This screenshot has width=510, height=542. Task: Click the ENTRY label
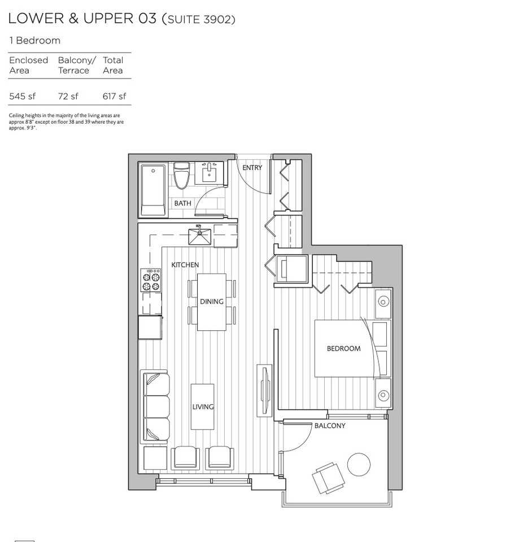click(252, 168)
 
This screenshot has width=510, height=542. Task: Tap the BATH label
click(182, 203)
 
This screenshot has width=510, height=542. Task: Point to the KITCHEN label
click(185, 265)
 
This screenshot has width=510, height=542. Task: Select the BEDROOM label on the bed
click(344, 348)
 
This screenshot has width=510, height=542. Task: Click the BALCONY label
click(330, 426)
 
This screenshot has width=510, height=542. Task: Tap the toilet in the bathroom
click(181, 176)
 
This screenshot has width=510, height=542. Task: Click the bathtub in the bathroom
click(153, 190)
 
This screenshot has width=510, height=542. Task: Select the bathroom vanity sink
click(209, 173)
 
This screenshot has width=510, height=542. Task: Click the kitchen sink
click(199, 237)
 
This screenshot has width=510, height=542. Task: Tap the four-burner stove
click(151, 280)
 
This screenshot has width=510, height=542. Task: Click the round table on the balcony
click(359, 465)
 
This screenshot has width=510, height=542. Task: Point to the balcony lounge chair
click(328, 478)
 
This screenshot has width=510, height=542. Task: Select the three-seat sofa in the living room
click(155, 406)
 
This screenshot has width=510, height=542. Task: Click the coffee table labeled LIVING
click(202, 406)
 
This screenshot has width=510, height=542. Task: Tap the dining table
click(212, 302)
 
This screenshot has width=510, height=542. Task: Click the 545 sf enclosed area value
click(22, 96)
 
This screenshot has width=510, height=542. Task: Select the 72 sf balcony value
click(68, 96)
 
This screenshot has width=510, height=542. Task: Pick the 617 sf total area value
click(115, 96)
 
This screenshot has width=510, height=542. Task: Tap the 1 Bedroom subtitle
click(35, 41)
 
